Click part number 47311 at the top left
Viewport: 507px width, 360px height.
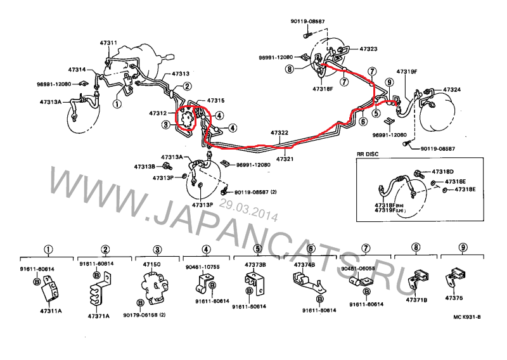[108, 43]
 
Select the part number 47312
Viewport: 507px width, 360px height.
[158, 113]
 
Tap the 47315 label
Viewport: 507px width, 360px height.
[215, 101]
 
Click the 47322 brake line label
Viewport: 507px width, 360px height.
[279, 133]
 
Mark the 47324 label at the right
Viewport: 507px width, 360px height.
[452, 90]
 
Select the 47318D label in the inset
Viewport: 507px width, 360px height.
[443, 172]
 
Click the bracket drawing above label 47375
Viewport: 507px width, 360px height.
[458, 277]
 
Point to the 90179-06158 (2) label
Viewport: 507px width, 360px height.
[144, 315]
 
